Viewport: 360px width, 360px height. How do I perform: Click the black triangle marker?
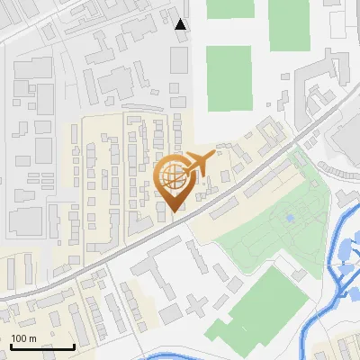181,24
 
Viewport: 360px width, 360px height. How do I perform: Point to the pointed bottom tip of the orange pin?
174,211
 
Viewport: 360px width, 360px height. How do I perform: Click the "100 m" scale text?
23,338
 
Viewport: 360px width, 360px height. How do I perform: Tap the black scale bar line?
42,346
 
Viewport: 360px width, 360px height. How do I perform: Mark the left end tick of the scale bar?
11,345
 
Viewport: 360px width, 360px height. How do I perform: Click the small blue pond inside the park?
289,217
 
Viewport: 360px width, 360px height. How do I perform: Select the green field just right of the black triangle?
229,79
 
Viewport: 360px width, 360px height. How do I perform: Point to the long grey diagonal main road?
135,243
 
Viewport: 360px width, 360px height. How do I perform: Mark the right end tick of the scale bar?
74,345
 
